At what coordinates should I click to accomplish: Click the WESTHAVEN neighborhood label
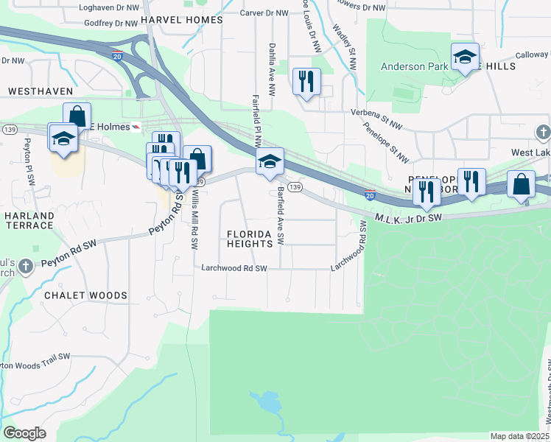tap(41, 91)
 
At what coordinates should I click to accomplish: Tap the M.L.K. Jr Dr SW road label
tap(407, 217)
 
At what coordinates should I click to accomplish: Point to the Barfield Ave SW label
tap(281, 216)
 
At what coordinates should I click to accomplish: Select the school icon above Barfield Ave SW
tap(270, 161)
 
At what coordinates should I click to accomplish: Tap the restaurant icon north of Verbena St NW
tap(306, 80)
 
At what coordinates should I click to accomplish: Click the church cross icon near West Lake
tap(543, 133)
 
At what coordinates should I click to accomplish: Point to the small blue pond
tap(267, 402)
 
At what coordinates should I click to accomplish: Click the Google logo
tap(24, 433)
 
